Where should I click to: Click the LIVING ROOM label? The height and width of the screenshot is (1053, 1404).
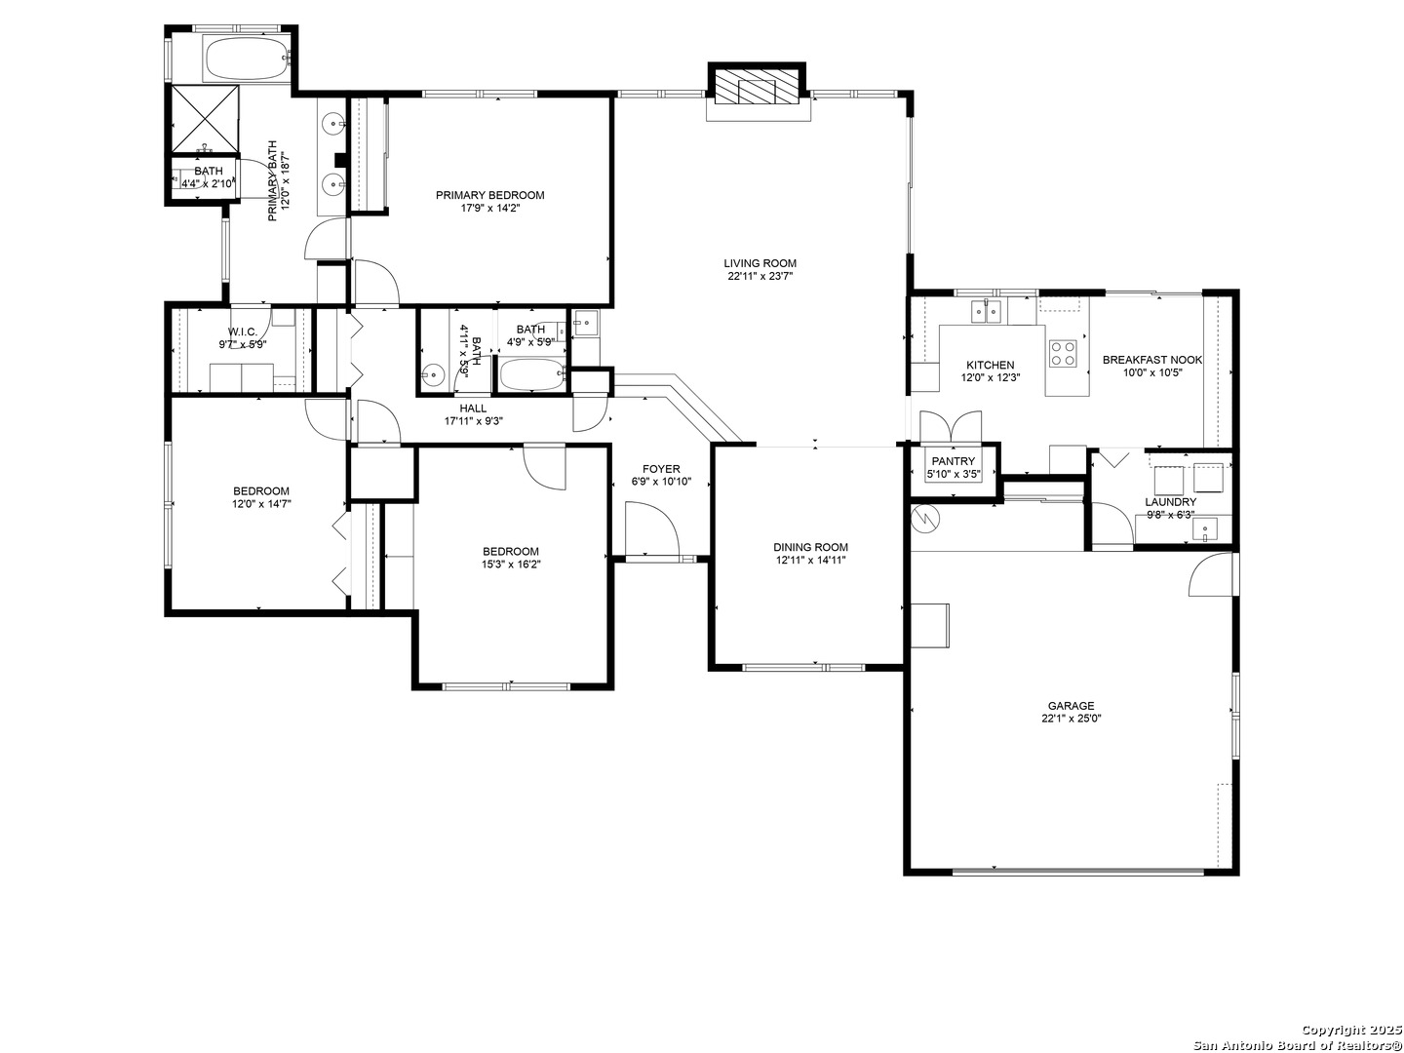(760, 263)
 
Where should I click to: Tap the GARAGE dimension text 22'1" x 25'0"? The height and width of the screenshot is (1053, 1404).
(1071, 718)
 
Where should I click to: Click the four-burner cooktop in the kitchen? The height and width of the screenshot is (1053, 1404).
(1063, 353)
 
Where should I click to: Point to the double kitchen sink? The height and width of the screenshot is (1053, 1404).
(986, 311)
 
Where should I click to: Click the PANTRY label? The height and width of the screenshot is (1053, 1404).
(953, 461)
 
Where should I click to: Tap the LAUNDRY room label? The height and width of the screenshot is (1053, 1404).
(1171, 502)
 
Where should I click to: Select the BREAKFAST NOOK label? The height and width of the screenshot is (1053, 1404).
(1152, 360)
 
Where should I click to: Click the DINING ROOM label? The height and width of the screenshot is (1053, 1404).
(810, 547)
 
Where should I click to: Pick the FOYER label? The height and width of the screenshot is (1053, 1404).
(661, 469)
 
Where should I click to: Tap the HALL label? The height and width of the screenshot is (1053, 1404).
(473, 408)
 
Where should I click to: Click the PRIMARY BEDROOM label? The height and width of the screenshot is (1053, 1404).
(490, 195)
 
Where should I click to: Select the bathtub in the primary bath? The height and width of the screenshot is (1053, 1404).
(247, 58)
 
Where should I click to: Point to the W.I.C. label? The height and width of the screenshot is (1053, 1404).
(243, 331)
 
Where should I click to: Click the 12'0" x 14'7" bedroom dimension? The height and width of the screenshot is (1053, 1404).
(261, 503)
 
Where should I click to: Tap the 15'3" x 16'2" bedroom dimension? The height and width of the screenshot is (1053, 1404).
(511, 564)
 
